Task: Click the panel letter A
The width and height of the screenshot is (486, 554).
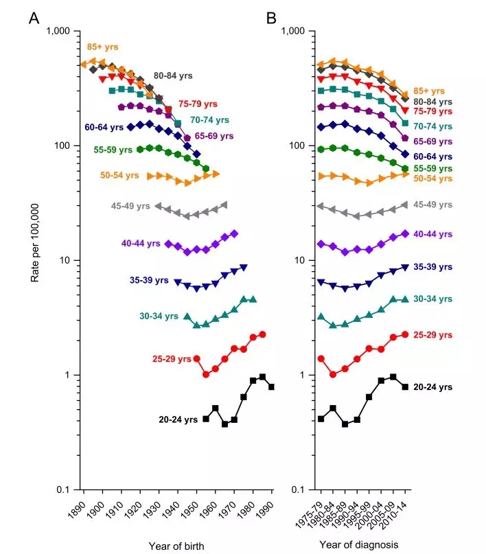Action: (x=33, y=19)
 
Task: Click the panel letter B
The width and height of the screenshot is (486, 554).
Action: (x=271, y=19)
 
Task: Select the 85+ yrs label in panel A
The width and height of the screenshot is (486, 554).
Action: (x=102, y=47)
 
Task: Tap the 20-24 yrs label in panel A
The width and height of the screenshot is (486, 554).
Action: (x=178, y=419)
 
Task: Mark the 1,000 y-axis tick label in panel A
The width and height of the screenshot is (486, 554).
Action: (x=60, y=32)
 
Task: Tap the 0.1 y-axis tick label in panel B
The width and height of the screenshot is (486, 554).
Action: (x=297, y=489)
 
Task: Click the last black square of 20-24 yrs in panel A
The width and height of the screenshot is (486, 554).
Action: (x=272, y=387)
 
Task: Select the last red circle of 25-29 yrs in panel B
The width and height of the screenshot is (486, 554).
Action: (x=405, y=334)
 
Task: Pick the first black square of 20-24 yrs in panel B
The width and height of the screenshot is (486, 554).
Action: (x=321, y=419)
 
